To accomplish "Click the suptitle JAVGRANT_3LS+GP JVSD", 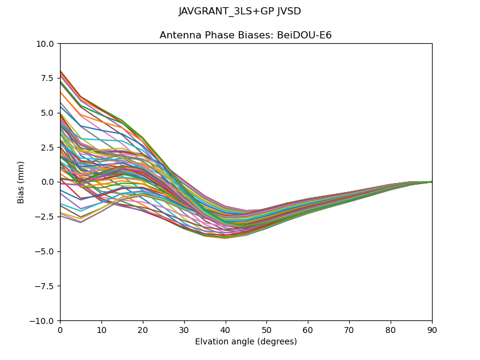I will pos(240,11).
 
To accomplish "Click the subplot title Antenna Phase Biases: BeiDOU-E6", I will pos(245,35).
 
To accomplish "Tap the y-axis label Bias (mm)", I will pos(21,182).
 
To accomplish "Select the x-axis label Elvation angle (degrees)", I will pos(245,341).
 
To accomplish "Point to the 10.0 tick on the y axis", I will pos(46,44).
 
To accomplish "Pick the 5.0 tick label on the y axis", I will pos(48,113).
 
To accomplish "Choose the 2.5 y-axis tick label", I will pos(48,148).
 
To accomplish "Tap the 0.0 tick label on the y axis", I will pos(48,182).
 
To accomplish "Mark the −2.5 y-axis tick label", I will pos(46,217).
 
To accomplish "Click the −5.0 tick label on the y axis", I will pos(46,251).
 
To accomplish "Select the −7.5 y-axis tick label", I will pos(46,286).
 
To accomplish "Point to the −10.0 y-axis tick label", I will pos(43,321).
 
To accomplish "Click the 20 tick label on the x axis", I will pos(143,329).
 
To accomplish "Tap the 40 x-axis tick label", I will pos(225,329).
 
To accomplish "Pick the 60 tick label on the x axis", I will pos(308,329).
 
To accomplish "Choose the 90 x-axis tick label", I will pos(432,329).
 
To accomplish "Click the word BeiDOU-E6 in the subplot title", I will pos(305,35).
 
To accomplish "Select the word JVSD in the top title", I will pos(289,11).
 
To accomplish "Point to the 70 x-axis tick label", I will pos(349,329).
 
